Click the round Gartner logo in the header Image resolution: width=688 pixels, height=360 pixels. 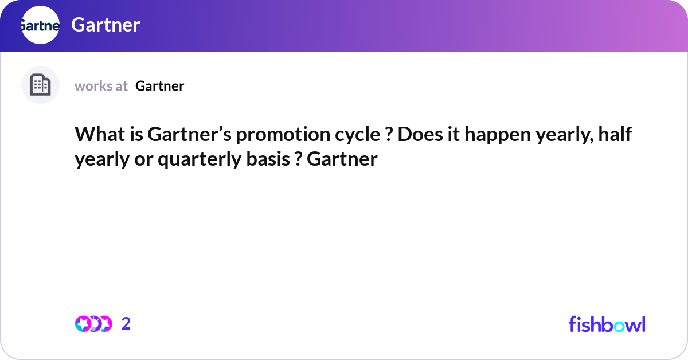pos(40,25)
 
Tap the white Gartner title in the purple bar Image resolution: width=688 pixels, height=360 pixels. pos(105,25)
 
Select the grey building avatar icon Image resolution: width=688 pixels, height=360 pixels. pos(40,85)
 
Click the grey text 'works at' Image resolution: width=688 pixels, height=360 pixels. pos(101,86)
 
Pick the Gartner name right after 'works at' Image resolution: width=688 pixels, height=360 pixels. pos(159,86)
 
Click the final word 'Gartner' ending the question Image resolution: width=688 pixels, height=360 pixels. pos(342,159)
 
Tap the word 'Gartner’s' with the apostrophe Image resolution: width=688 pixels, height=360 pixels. pos(188,135)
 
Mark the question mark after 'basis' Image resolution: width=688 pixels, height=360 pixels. pos(298,159)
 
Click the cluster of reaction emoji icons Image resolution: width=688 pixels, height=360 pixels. pos(93,324)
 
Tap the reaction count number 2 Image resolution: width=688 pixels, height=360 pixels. pos(126,324)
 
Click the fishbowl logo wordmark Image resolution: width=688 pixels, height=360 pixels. pos(607,324)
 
